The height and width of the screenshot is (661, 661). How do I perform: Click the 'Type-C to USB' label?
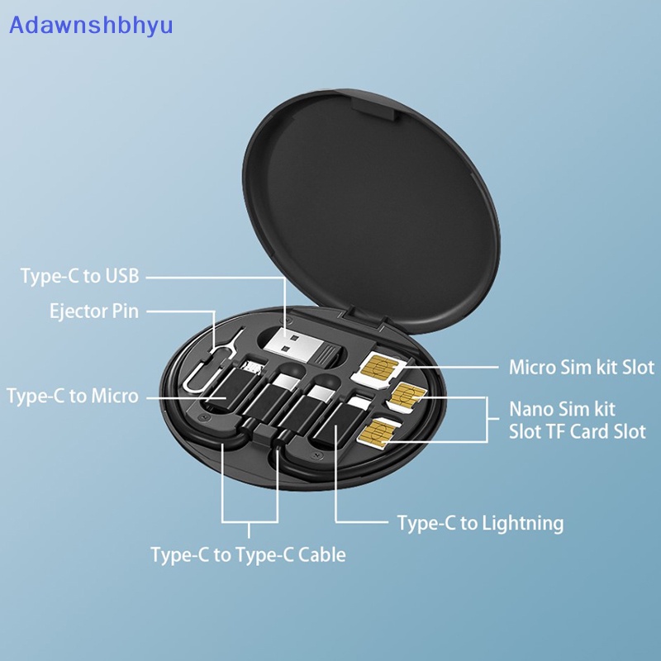pos(79,276)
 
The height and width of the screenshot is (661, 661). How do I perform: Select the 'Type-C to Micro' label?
pos(73,396)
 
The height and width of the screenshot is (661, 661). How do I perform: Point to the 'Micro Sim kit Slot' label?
pos(581,367)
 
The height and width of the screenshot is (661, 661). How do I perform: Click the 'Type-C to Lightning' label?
pos(480,523)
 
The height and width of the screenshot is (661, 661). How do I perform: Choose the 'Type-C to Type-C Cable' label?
pos(248,554)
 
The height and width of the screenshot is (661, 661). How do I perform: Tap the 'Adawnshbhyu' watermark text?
pos(90,25)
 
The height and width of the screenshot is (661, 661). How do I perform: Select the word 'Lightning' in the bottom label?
pos(521,523)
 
